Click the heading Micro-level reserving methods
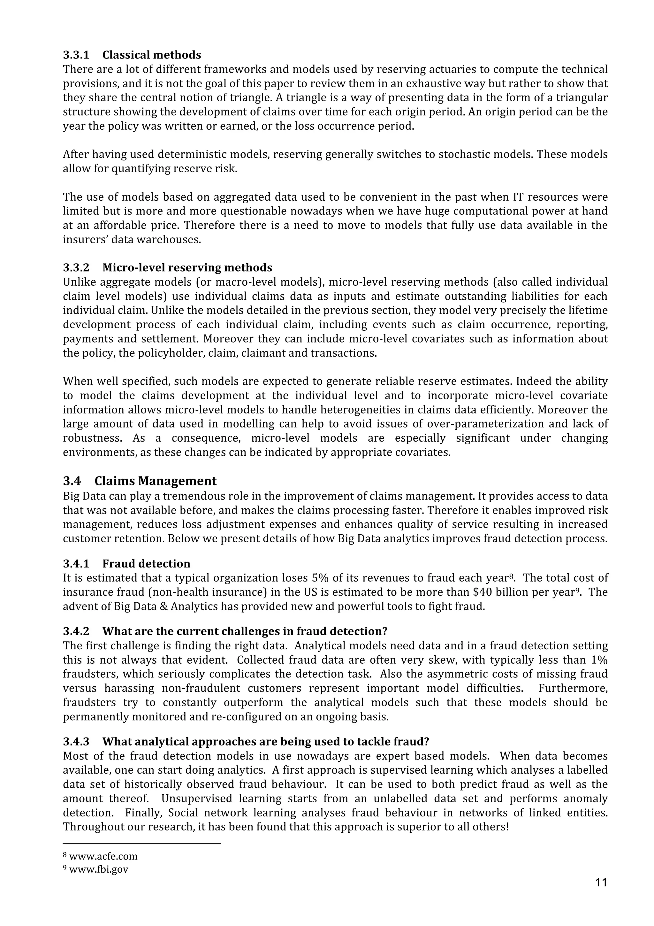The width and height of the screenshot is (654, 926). coord(187,267)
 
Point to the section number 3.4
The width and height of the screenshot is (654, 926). coord(72,481)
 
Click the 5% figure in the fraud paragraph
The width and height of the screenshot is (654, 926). coord(320,578)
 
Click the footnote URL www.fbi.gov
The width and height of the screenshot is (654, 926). coord(98,869)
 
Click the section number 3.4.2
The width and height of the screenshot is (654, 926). coord(76,631)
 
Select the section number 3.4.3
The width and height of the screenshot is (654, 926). coord(76,741)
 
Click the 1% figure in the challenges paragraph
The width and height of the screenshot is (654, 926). coord(599,660)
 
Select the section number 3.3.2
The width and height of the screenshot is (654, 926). coord(76,267)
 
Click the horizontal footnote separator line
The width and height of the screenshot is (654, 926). coord(142,843)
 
